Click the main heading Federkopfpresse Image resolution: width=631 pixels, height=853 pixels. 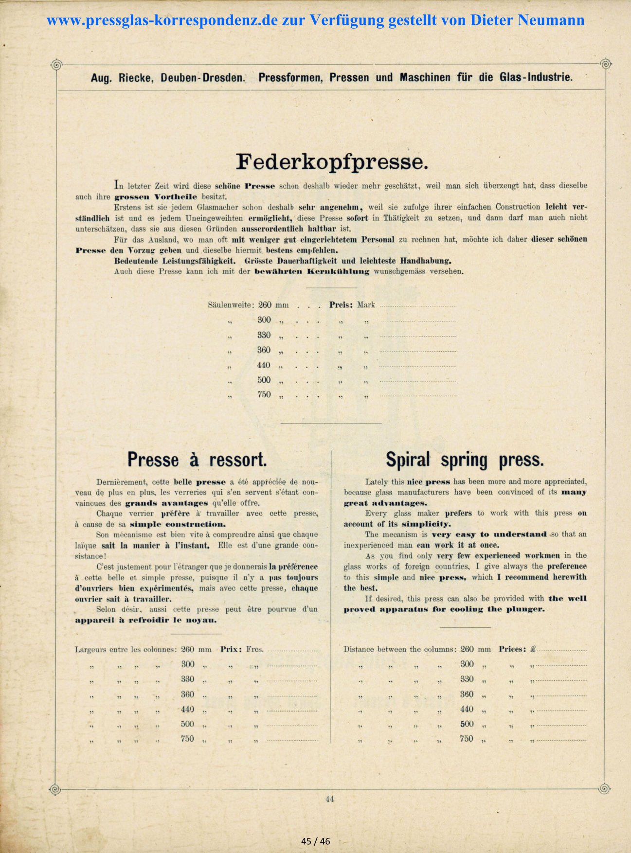(x=332, y=161)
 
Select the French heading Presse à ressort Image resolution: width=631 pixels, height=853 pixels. (x=197, y=460)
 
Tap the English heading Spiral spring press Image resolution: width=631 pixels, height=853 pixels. (x=465, y=460)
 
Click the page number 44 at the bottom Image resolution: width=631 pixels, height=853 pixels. (x=329, y=799)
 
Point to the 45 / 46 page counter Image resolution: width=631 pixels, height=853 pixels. (x=315, y=841)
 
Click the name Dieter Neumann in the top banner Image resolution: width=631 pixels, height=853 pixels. (x=527, y=20)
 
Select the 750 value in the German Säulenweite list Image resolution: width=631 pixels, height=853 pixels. (x=264, y=395)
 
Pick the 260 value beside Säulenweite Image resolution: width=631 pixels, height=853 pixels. (x=265, y=305)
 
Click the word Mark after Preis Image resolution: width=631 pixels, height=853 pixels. (x=366, y=305)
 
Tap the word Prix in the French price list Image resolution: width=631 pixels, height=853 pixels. (x=230, y=649)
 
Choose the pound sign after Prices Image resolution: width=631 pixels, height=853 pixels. (x=533, y=649)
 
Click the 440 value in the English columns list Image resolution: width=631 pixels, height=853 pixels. (x=467, y=710)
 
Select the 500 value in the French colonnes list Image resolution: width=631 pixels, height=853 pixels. (x=187, y=724)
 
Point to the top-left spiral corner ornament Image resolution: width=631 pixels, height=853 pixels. (x=56, y=64)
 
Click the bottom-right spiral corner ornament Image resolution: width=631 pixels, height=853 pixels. (x=604, y=788)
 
